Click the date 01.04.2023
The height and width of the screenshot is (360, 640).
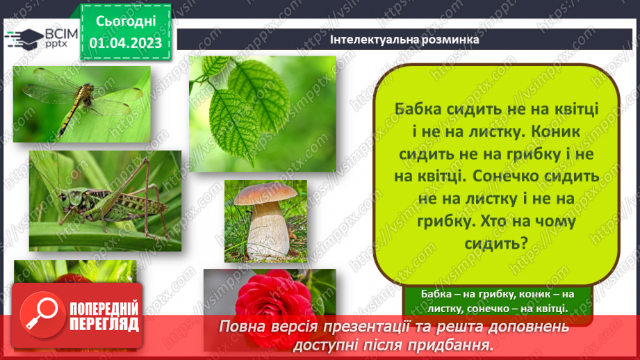[126, 43]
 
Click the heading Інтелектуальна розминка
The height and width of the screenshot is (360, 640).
[405, 40]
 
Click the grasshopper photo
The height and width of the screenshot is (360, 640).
[105, 200]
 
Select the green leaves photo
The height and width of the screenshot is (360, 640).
[262, 113]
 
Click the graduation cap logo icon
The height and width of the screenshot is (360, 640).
[22, 38]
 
